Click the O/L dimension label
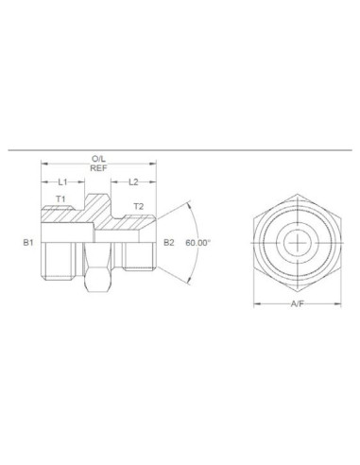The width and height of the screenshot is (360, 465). point(97,160)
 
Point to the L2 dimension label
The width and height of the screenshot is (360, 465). point(133,181)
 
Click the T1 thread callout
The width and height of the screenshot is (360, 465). point(61,200)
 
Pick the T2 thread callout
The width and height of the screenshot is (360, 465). point(138,205)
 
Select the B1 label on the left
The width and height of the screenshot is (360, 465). point(28,243)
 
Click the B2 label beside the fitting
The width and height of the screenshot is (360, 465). point(169,243)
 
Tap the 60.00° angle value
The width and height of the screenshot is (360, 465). point(197,243)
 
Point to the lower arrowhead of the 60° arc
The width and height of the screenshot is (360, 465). point(188,283)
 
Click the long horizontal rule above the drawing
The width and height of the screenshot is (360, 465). point(180,148)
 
